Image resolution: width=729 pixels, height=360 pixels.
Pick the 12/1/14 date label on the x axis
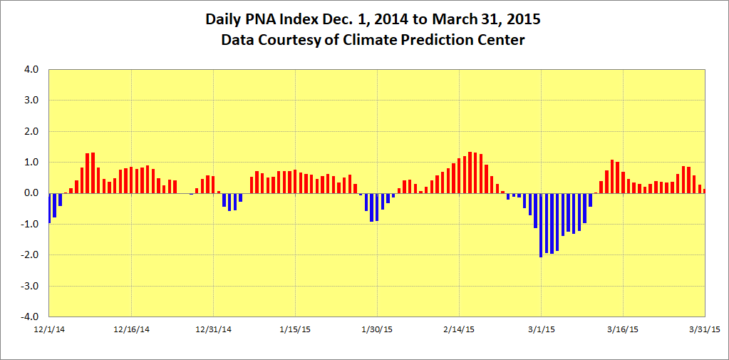(49, 329)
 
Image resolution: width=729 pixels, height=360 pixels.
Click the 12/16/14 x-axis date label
(131, 329)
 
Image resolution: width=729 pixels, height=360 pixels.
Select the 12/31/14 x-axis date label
(214, 329)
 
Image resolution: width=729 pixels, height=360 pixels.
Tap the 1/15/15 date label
(295, 329)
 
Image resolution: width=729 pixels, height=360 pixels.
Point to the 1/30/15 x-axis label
(377, 329)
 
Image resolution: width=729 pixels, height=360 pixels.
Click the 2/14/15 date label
(459, 329)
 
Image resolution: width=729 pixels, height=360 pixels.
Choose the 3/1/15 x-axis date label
(541, 329)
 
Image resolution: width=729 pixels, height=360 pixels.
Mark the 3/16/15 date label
(623, 329)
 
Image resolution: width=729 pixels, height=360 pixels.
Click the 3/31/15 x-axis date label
(704, 329)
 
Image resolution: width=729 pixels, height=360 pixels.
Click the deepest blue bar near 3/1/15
(541, 225)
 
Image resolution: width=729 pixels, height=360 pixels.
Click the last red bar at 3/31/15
(704, 190)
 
